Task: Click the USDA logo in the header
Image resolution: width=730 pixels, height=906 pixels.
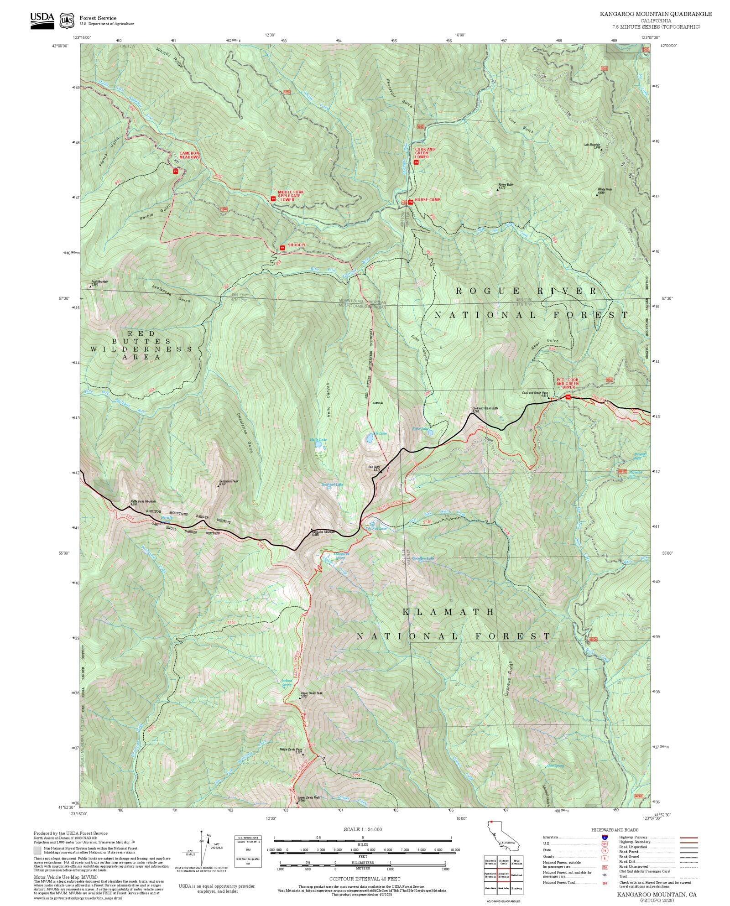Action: coord(42,21)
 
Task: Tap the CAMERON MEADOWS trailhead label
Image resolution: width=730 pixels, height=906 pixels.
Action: coord(189,155)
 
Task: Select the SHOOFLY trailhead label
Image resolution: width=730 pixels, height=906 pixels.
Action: coord(297,245)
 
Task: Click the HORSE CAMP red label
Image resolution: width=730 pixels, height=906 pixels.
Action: coord(428,200)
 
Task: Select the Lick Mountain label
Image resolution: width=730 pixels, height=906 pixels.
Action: coord(593,145)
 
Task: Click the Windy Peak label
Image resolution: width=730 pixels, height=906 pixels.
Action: coord(605,189)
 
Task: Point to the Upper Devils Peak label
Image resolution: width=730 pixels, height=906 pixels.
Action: coord(312,694)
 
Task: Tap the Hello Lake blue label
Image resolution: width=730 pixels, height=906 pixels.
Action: coord(318,440)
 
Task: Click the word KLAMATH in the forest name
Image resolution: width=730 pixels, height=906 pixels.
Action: coord(448,612)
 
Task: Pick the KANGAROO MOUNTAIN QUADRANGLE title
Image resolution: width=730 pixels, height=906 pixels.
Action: coord(655,14)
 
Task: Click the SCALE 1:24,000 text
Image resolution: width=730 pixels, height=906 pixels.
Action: coord(363,829)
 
